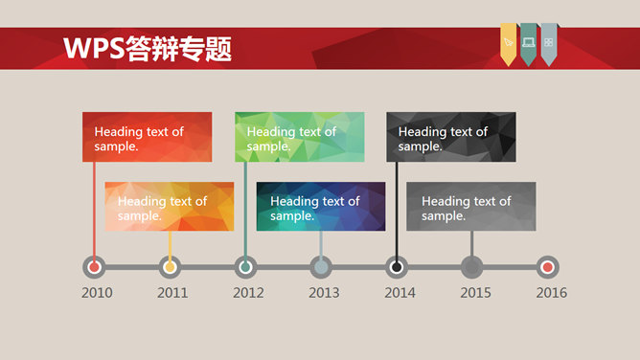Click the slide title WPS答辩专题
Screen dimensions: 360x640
(147, 49)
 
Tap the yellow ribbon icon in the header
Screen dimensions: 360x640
(508, 43)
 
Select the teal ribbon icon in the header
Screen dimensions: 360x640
(528, 43)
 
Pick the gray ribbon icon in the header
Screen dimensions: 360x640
(548, 43)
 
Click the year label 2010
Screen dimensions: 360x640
(97, 293)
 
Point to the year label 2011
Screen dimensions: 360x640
(172, 293)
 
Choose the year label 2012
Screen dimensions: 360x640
(248, 293)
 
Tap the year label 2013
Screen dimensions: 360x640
(324, 293)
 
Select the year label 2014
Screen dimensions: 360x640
(400, 293)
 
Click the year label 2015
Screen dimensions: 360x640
(475, 293)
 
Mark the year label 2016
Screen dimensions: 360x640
(551, 293)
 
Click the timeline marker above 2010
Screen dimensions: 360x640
(94, 267)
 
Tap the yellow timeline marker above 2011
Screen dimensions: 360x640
(171, 267)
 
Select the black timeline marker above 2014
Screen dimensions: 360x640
(397, 267)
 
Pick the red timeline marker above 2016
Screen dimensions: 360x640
(547, 267)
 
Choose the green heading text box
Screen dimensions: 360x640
(299, 137)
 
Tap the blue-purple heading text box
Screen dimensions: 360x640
(320, 207)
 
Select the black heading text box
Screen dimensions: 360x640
(451, 137)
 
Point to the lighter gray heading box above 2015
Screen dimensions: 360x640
(470, 207)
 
